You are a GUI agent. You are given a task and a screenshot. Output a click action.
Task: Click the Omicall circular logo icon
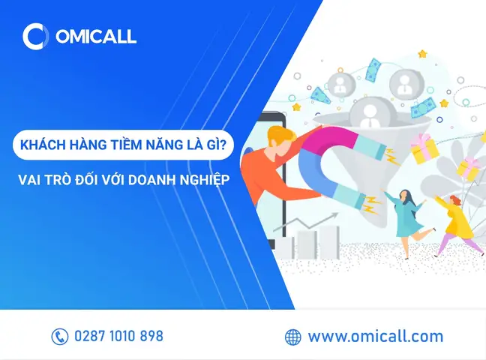pyautogui.click(x=34, y=36)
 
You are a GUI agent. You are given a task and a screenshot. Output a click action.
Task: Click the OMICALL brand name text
pyautogui.click(x=94, y=36)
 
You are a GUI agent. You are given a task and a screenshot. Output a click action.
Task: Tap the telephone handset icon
pyautogui.click(x=60, y=337)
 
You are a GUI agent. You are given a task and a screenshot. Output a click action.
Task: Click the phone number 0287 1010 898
pyautogui.click(x=118, y=337)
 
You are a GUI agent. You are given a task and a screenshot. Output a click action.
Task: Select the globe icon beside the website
pyautogui.click(x=293, y=337)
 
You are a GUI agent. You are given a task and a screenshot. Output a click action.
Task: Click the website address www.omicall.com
pyautogui.click(x=375, y=337)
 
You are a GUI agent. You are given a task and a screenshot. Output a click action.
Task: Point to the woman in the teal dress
pyautogui.click(x=406, y=214)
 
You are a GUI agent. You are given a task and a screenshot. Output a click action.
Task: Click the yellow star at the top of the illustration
pyautogui.click(x=422, y=54)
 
